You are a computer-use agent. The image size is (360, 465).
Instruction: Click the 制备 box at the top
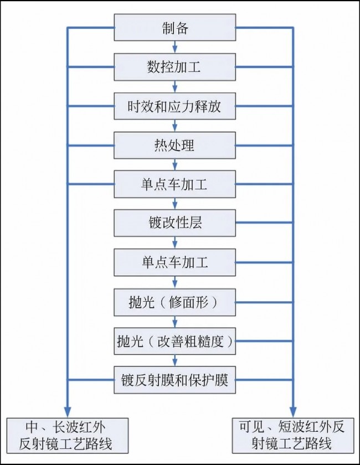coord(175,27)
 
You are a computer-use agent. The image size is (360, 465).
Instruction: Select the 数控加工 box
coord(175,67)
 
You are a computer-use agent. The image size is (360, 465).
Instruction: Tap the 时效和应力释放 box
coord(175,106)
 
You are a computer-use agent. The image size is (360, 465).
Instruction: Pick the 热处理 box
coord(175,145)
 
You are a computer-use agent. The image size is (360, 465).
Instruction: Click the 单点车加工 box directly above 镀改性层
coord(175,184)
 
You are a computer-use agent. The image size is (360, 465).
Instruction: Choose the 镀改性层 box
coord(175,223)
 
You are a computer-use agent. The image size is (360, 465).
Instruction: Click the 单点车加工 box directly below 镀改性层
coord(175,262)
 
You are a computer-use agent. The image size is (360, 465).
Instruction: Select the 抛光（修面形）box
coord(175,302)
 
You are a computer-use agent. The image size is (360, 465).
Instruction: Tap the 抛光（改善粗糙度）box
coord(175,341)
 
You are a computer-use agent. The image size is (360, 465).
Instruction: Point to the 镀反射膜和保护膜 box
coord(175,380)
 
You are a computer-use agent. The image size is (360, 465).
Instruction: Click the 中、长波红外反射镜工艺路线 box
coord(68,436)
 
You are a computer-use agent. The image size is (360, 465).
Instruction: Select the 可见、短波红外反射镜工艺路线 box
coord(293,436)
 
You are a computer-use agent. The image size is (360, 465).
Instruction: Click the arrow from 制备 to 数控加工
coord(175,47)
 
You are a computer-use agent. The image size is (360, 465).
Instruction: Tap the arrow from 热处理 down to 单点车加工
coord(175,164)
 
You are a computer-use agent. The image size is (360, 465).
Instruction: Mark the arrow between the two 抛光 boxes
coord(175,322)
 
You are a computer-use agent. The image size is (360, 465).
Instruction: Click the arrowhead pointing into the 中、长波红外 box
coord(68,412)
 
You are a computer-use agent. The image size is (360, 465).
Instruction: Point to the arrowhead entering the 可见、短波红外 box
coord(293,412)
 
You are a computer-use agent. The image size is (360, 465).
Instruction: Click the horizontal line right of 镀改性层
coord(264,223)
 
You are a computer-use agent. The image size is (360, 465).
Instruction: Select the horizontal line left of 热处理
coord(91,145)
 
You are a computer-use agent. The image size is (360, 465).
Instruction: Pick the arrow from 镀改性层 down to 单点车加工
coord(175,243)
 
